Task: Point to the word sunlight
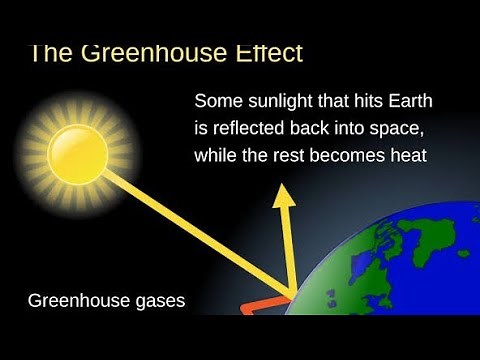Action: tap(275, 103)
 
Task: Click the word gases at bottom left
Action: tap(159, 300)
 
